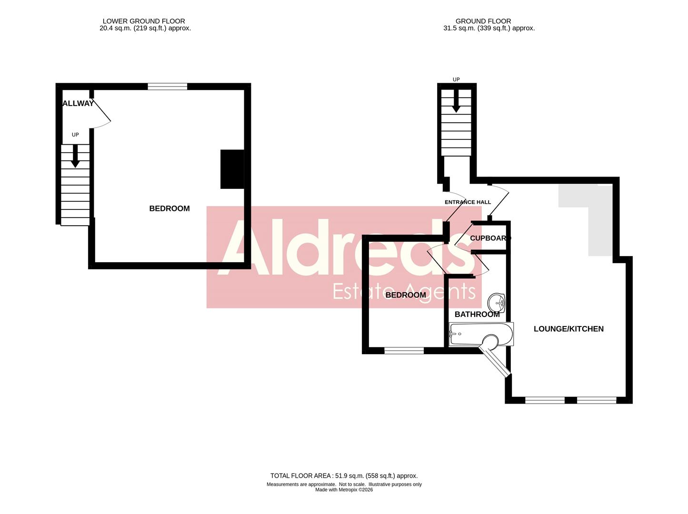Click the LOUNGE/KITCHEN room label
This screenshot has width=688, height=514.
(568, 329)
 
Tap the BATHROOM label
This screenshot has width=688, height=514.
(477, 315)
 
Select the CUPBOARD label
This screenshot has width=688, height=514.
(489, 238)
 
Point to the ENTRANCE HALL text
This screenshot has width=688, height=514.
(468, 202)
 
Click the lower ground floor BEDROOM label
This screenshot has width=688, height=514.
(170, 208)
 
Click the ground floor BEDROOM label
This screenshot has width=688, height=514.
(406, 295)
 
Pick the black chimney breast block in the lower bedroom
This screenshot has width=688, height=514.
(232, 169)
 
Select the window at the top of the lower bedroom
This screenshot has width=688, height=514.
(167, 87)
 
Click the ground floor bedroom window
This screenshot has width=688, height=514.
(404, 351)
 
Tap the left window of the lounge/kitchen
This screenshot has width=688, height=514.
(545, 400)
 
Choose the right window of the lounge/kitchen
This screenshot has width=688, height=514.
(597, 400)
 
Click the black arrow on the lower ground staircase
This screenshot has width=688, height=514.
(75, 157)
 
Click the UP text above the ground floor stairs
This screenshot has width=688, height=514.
(456, 79)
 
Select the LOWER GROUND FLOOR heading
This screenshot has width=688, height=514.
(144, 21)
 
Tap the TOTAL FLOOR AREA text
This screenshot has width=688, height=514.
(344, 475)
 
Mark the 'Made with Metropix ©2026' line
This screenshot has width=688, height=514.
(344, 490)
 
